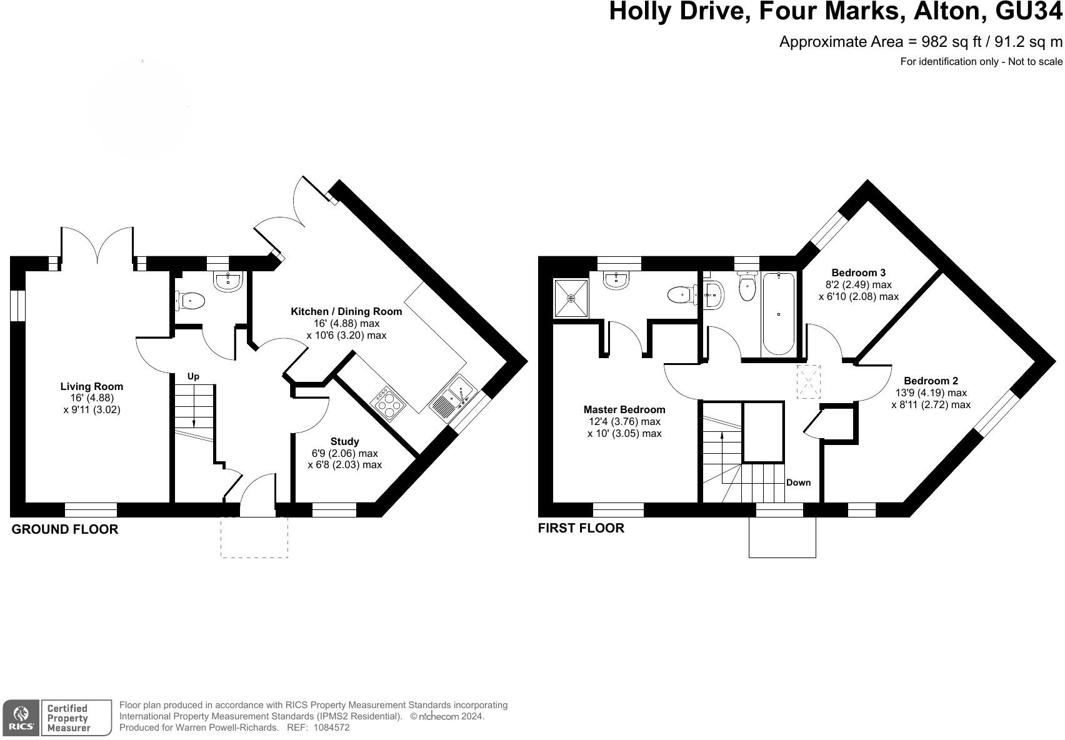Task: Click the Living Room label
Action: point(92,387)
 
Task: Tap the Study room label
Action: point(344,442)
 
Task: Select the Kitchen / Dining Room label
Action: point(346,311)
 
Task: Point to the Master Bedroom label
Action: point(624,410)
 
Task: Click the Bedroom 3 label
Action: point(858,273)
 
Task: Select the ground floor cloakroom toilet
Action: point(191,301)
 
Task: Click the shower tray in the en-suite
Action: point(571,298)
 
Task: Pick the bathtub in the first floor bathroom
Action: point(778,312)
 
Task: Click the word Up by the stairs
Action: point(193,377)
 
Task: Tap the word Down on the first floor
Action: point(798,482)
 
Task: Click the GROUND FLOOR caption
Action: point(65,529)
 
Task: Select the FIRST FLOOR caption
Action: point(581,528)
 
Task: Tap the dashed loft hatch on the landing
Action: point(808,382)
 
